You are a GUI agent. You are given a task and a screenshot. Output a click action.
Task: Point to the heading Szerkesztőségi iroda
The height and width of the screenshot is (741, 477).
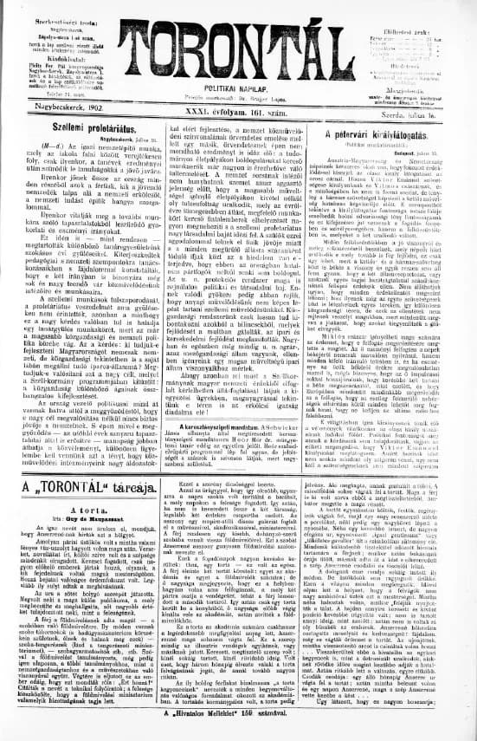(x=66, y=10)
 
